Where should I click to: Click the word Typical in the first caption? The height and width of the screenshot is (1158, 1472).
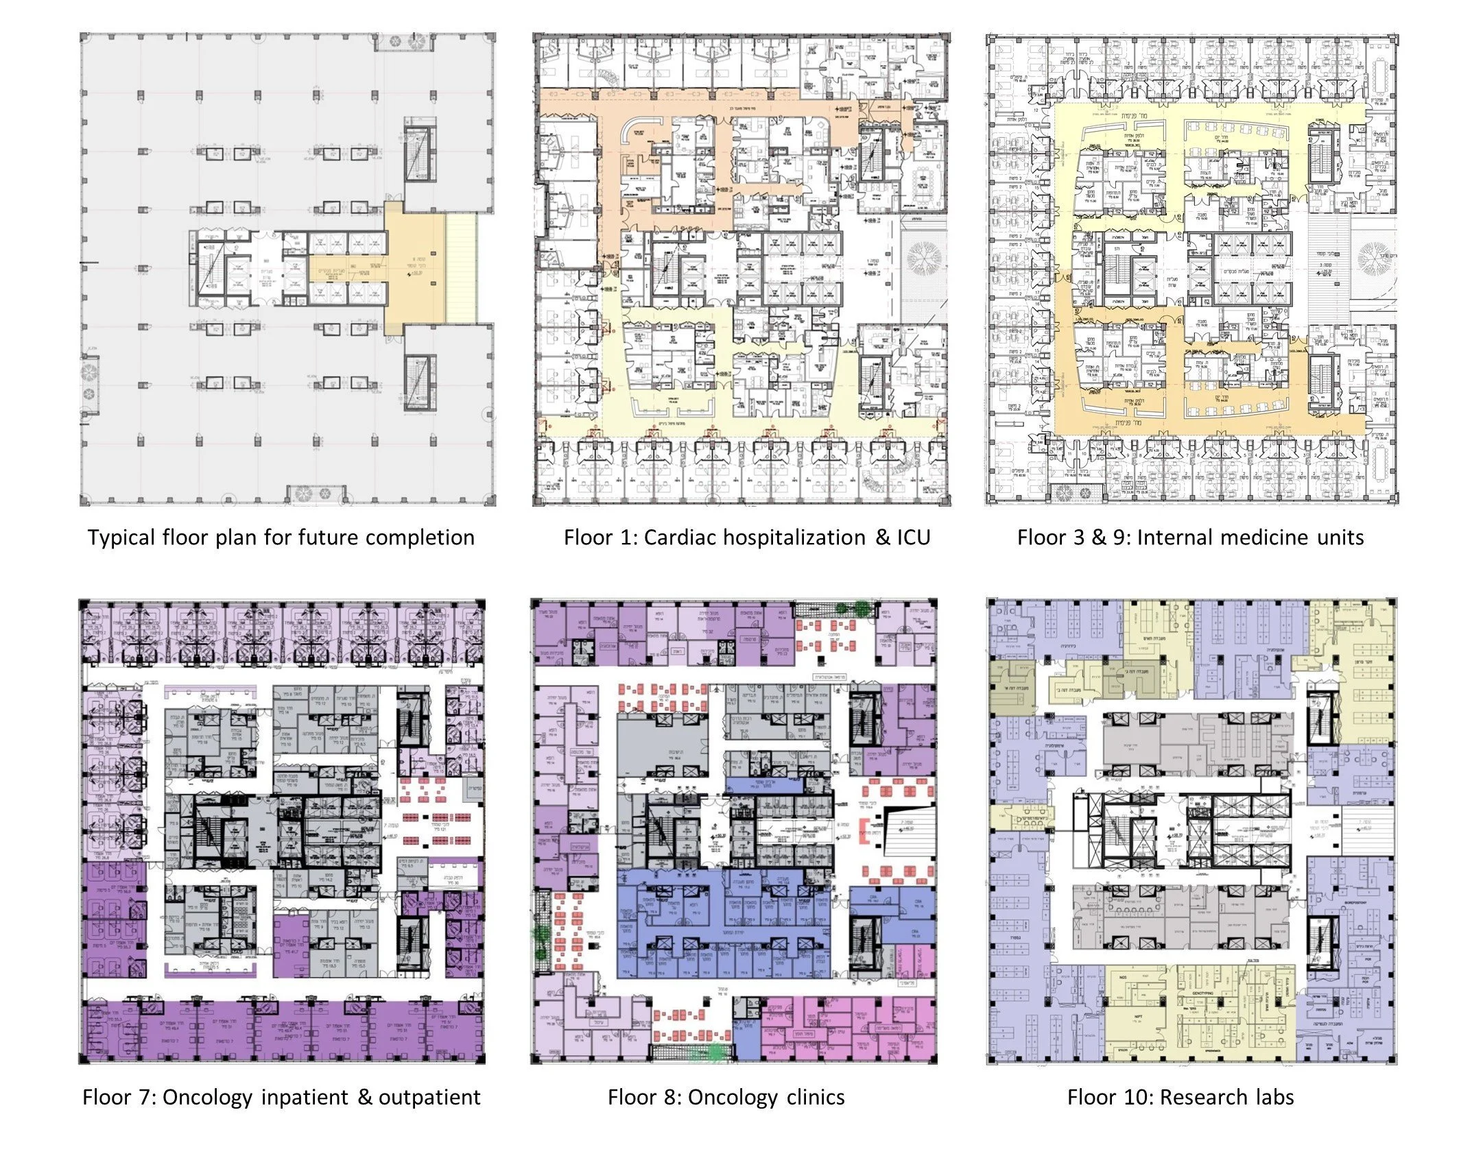point(121,538)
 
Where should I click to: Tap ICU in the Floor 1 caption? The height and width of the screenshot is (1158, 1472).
point(913,538)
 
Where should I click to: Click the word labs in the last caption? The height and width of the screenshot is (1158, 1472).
point(1273,1098)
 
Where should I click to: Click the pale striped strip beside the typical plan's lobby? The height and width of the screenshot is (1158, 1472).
point(461,267)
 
